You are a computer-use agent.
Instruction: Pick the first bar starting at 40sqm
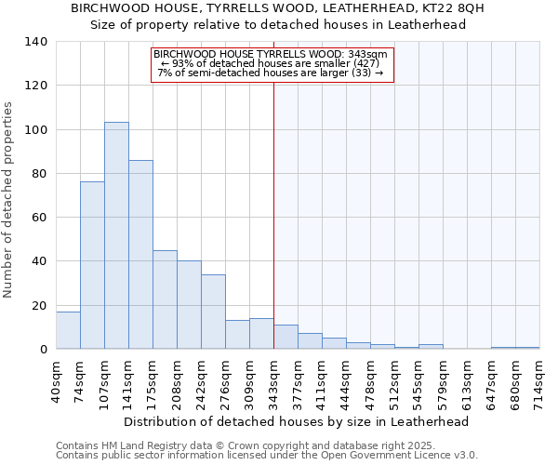coord(68,330)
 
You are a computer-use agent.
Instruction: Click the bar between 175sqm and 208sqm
coord(165,299)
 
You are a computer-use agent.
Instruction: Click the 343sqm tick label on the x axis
coord(274,381)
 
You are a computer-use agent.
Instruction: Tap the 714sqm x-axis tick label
coord(540,381)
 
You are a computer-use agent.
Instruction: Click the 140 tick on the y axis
coord(36,42)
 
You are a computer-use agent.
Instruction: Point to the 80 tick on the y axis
coord(39,174)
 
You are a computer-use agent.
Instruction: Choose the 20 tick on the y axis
coord(39,305)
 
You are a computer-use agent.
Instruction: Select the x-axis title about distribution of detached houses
coord(296,421)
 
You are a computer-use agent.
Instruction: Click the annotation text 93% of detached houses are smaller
coord(272,63)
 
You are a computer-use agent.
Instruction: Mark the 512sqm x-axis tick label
coord(395,381)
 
